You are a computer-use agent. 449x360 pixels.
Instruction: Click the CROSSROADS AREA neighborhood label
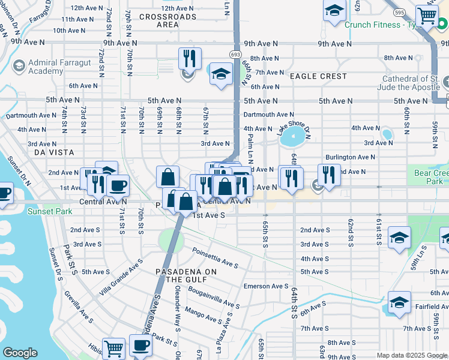pyautogui.click(x=167, y=21)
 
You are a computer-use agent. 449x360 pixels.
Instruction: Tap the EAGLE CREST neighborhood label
pyautogui.click(x=318, y=77)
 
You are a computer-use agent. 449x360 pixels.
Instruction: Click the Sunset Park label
pyautogui.click(x=49, y=212)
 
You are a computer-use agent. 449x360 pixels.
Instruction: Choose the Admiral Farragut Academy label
pyautogui.click(x=37, y=67)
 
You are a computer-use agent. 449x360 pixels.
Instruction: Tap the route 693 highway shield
pyautogui.click(x=235, y=54)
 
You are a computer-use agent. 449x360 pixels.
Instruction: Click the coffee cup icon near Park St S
pyautogui.click(x=141, y=346)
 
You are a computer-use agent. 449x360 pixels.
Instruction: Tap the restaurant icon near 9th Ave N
pyautogui.click(x=189, y=59)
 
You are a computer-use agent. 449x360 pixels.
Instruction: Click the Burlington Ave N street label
pyautogui.click(x=350, y=157)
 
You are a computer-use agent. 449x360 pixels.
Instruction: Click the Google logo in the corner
pyautogui.click(x=20, y=353)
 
